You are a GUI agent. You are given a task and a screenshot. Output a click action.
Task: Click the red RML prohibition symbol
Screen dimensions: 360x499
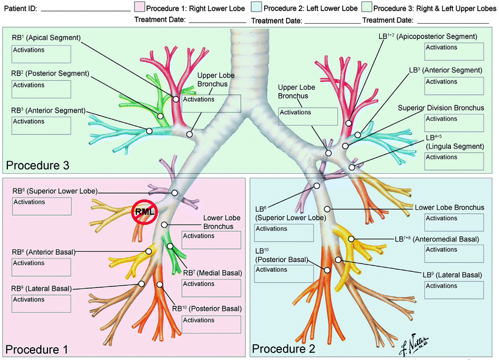pos(145,212)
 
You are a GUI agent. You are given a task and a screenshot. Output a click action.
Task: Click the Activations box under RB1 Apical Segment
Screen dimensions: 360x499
pos(41,54)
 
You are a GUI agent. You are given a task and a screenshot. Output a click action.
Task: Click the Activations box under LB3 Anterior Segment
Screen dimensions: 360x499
pos(454,89)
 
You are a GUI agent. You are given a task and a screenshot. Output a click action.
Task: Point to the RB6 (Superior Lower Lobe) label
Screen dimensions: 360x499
pos(54,191)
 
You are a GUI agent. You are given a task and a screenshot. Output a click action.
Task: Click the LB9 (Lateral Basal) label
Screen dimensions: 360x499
pos(455,274)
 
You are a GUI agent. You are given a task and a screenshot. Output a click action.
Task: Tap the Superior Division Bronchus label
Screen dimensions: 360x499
pos(441,108)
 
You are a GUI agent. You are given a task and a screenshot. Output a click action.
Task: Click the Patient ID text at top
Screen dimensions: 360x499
pos(20,9)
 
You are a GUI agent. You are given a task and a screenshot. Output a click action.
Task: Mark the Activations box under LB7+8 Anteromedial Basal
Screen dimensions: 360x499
pos(454,253)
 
